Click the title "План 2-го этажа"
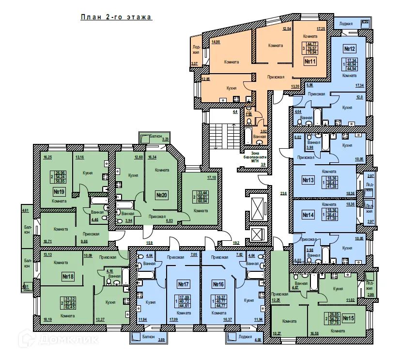point(116,17)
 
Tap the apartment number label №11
point(310,62)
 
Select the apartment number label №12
point(350,49)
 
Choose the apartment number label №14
point(308,215)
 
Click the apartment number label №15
point(348,318)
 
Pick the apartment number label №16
point(217,284)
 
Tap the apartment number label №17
point(183,284)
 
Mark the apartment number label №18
point(67,277)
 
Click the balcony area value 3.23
point(165,140)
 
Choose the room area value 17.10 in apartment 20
point(211,178)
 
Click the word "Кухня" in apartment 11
point(232,89)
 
